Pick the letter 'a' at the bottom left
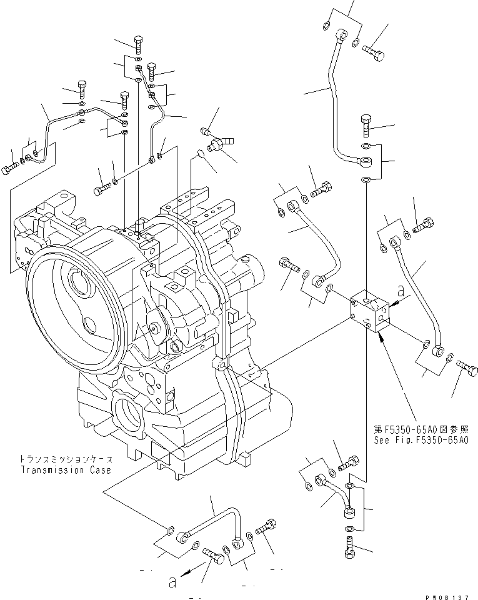[172, 581]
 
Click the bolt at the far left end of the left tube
[11, 169]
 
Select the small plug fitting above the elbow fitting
[204, 131]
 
